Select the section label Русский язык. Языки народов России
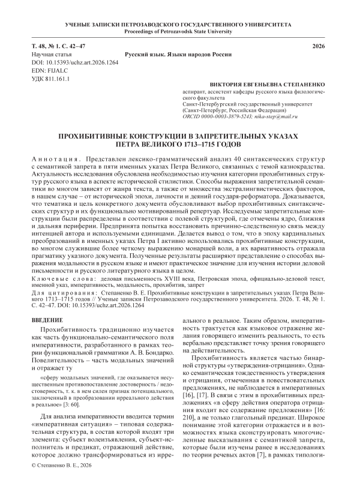[181, 54]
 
